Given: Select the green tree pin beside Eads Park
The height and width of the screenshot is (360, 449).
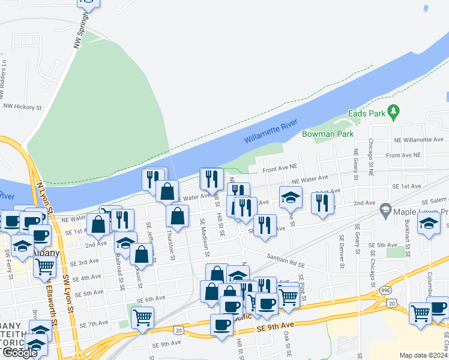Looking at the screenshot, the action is [x=394, y=111].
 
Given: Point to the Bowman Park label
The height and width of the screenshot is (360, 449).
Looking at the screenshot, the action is [x=328, y=134].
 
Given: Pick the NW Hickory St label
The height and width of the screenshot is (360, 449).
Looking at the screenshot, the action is [x=22, y=107].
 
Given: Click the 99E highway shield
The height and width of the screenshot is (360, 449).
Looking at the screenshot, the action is [x=384, y=290].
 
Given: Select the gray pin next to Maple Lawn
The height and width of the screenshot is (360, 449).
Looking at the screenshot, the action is [x=385, y=212].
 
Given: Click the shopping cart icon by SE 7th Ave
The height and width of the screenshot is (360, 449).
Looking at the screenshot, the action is [x=142, y=316].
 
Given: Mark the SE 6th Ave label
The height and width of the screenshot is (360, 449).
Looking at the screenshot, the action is [x=151, y=299].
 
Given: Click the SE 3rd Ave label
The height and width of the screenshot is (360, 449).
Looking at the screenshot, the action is [x=84, y=263].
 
